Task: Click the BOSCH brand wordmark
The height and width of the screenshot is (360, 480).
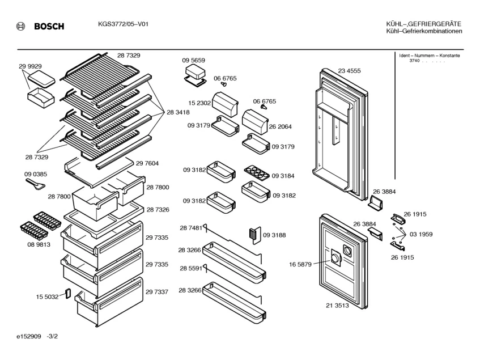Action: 49,26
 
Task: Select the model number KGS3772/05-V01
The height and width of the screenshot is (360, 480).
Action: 123,24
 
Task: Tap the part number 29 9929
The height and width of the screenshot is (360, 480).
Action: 30,66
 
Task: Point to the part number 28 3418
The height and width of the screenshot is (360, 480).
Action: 178,112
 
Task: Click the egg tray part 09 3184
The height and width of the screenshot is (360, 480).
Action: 257,173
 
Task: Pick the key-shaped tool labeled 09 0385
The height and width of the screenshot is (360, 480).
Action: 35,184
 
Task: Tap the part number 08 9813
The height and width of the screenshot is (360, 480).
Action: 39,244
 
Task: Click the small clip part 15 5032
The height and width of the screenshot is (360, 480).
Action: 67,293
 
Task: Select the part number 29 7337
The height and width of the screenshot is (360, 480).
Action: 157,292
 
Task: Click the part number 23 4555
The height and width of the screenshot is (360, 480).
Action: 349,71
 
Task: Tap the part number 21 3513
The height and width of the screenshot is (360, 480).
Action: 337,305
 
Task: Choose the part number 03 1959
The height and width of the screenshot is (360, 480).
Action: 421,234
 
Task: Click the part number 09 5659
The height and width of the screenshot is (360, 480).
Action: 193,60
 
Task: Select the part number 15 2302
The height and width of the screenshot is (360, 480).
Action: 199,103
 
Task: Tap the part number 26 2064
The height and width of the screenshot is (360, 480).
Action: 280,126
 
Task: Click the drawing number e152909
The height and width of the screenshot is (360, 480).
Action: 29,336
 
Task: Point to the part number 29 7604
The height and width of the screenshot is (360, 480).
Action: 147,163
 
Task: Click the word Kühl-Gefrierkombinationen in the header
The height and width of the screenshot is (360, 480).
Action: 424,31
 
